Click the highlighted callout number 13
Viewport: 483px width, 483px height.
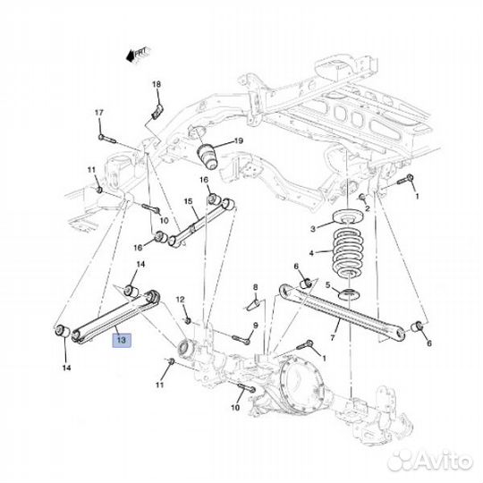point(121,340)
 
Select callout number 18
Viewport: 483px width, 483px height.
point(157,85)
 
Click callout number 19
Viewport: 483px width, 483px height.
point(238,140)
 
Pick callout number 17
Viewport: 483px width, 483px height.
point(99,113)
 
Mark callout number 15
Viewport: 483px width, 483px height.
point(188,202)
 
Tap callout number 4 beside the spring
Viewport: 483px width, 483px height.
point(311,254)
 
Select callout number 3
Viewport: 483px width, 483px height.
point(312,229)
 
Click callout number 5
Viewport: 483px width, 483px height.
point(327,286)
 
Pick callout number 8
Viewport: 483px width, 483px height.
point(255,287)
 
